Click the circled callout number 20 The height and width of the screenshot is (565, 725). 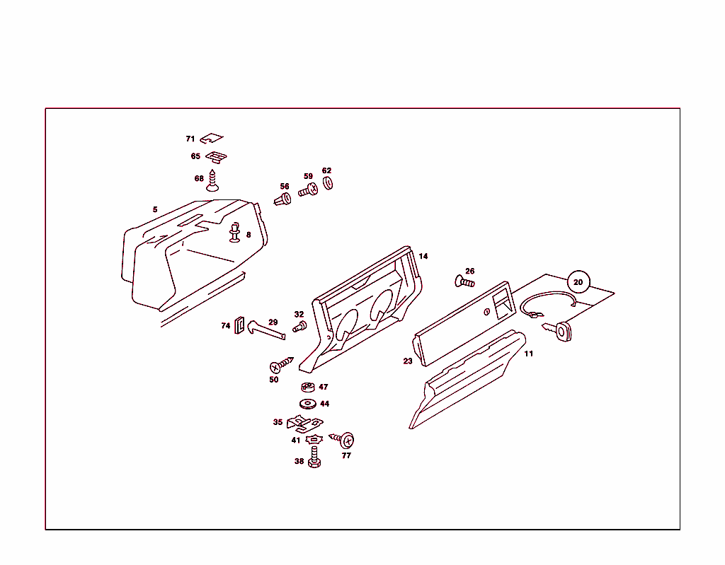(x=578, y=282)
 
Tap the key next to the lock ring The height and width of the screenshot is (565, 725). (x=558, y=329)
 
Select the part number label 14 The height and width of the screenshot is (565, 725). (x=423, y=256)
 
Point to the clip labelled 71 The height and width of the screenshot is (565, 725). (x=211, y=138)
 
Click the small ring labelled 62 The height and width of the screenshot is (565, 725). (x=329, y=183)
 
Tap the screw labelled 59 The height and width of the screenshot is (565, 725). (x=308, y=190)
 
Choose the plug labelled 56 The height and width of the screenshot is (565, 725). (x=282, y=199)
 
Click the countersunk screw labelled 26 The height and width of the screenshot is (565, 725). (x=464, y=282)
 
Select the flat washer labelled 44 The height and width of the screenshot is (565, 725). (x=308, y=404)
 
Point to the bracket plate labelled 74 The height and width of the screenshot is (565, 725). (x=239, y=326)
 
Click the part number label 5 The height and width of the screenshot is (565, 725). (x=155, y=209)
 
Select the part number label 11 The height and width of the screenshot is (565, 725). (x=529, y=354)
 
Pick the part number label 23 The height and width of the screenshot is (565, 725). (x=408, y=361)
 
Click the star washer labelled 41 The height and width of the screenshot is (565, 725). (x=314, y=440)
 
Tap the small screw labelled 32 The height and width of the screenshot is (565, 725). (x=299, y=327)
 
